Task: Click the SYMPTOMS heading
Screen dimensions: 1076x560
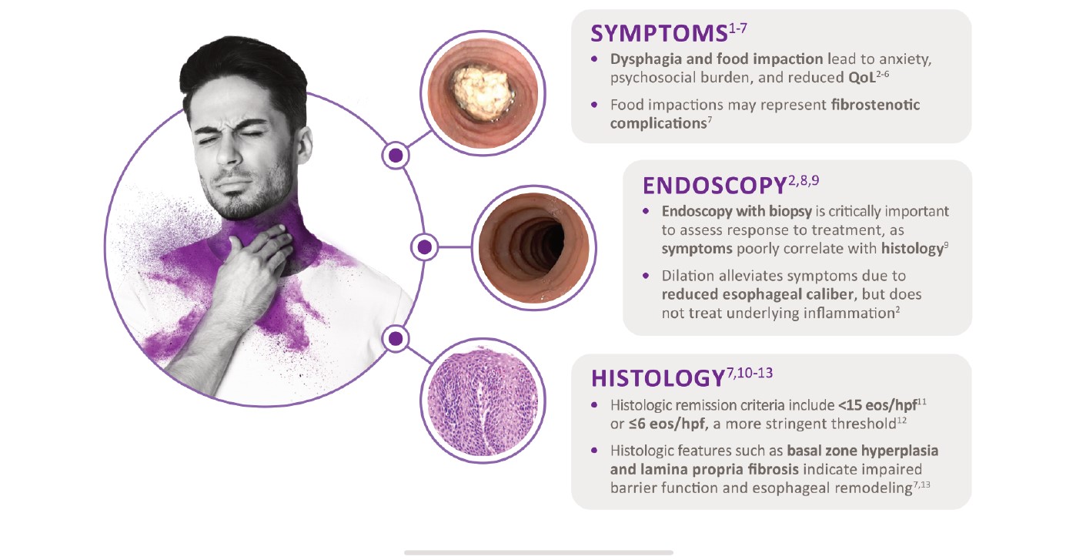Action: [x=659, y=34]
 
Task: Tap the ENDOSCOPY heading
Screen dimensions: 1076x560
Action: [x=714, y=186]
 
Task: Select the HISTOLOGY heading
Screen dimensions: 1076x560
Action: [x=657, y=378]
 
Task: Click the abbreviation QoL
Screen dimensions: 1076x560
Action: [x=862, y=78]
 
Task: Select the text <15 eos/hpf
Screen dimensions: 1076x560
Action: [x=877, y=406]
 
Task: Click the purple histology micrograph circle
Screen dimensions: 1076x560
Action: [x=483, y=401]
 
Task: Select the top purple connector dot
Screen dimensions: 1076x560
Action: [x=396, y=156]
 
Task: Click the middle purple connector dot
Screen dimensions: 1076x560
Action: [x=424, y=247]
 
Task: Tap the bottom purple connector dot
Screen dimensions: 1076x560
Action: [x=396, y=339]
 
